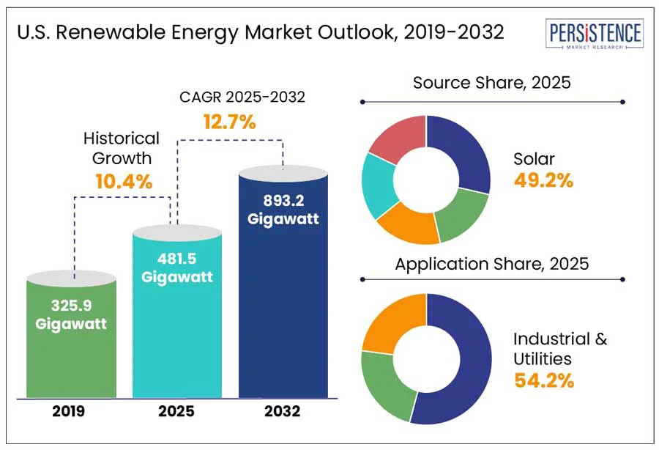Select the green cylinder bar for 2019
click(x=72, y=344)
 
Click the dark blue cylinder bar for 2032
click(x=283, y=308)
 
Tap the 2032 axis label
click(x=283, y=412)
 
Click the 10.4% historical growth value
click(x=124, y=180)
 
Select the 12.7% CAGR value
click(x=229, y=122)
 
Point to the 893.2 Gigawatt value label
click(x=283, y=210)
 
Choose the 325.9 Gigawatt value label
click(x=72, y=313)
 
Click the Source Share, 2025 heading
click(x=491, y=83)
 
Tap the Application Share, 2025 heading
click(x=491, y=264)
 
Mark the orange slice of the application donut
click(x=388, y=322)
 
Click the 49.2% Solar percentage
click(x=543, y=181)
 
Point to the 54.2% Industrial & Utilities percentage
click(x=543, y=380)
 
